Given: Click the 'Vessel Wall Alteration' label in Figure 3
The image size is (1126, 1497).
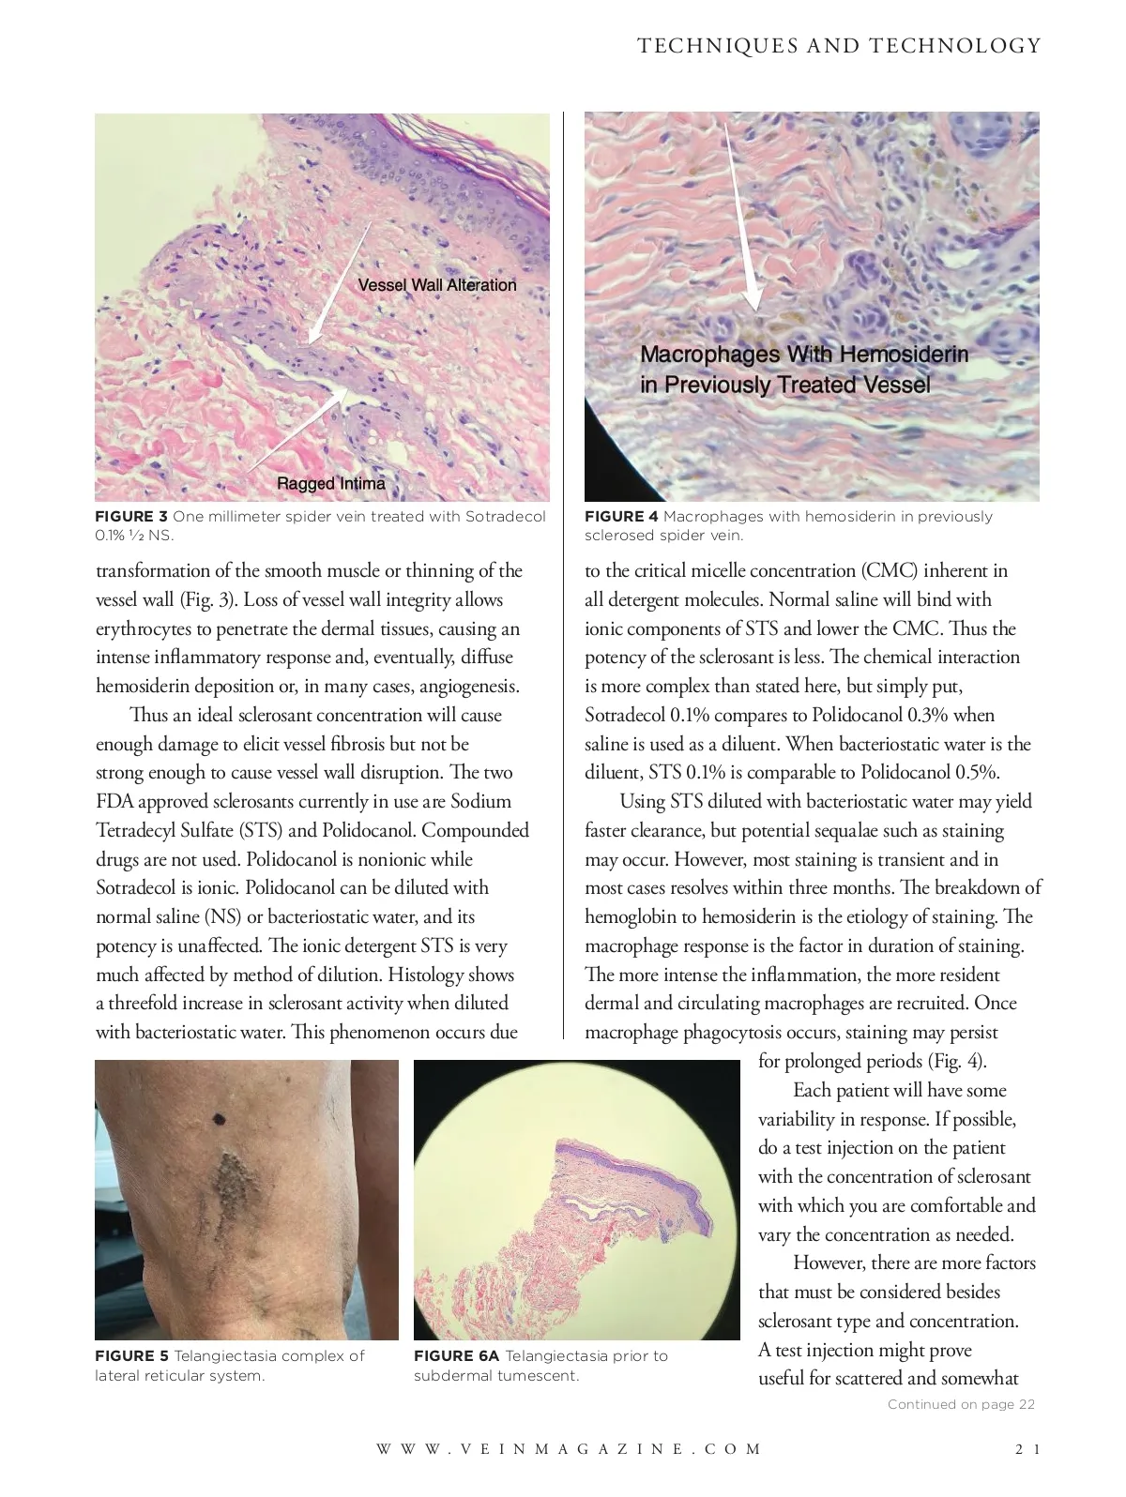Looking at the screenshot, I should [x=437, y=285].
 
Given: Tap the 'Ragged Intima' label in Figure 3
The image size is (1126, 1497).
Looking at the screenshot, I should [x=330, y=483].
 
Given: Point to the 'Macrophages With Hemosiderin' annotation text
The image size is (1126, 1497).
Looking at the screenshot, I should [x=804, y=355].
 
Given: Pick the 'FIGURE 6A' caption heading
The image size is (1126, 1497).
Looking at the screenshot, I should [x=456, y=1355].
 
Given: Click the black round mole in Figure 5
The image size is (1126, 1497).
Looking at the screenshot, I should [x=221, y=1118].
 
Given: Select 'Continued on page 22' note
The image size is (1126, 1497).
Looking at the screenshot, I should [x=961, y=1404].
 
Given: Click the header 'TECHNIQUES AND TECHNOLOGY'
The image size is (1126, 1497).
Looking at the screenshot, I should [x=839, y=46].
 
